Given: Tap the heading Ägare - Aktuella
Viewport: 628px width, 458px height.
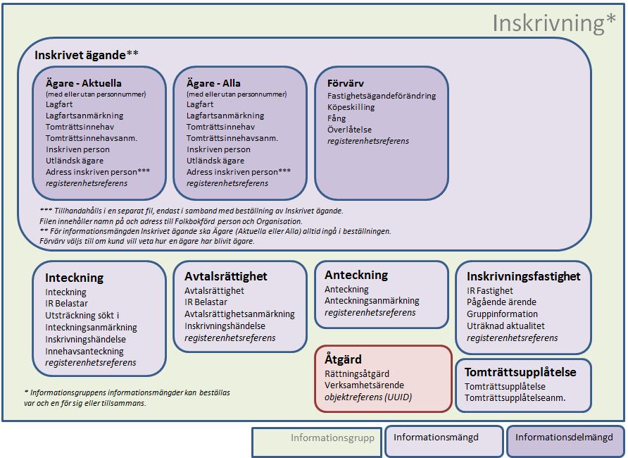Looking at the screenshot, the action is tap(84, 83).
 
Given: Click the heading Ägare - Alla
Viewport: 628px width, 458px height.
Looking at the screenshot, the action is tap(213, 83).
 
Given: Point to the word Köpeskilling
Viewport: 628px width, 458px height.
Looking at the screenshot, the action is tap(351, 107).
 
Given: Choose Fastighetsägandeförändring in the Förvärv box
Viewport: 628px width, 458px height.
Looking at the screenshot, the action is tap(382, 96).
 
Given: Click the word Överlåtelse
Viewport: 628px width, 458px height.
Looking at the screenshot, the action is tap(349, 130).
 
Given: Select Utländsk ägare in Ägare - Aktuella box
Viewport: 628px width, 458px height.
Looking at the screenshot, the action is tap(75, 161).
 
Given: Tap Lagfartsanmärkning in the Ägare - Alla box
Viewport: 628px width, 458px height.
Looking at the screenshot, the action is tap(225, 116).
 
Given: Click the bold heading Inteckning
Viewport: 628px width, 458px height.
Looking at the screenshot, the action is tap(75, 278).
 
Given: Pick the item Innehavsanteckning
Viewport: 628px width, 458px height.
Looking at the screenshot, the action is tap(84, 351).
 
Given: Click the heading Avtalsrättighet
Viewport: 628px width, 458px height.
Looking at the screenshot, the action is tap(226, 276).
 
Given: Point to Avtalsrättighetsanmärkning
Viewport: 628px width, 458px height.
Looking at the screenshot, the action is tap(239, 314).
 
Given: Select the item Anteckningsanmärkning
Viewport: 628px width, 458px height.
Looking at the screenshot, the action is tap(372, 301).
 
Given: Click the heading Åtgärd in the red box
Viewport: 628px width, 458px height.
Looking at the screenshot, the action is tap(344, 359).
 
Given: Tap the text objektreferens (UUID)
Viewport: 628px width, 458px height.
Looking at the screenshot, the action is tap(368, 397).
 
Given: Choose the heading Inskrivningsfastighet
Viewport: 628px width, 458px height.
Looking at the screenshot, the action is tap(524, 276).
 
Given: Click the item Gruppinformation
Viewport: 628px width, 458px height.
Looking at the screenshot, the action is tap(502, 314).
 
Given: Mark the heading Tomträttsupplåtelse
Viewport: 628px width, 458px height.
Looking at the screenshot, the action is tap(520, 372).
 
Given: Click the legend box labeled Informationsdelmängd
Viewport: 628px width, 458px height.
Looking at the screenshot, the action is tap(565, 441).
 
